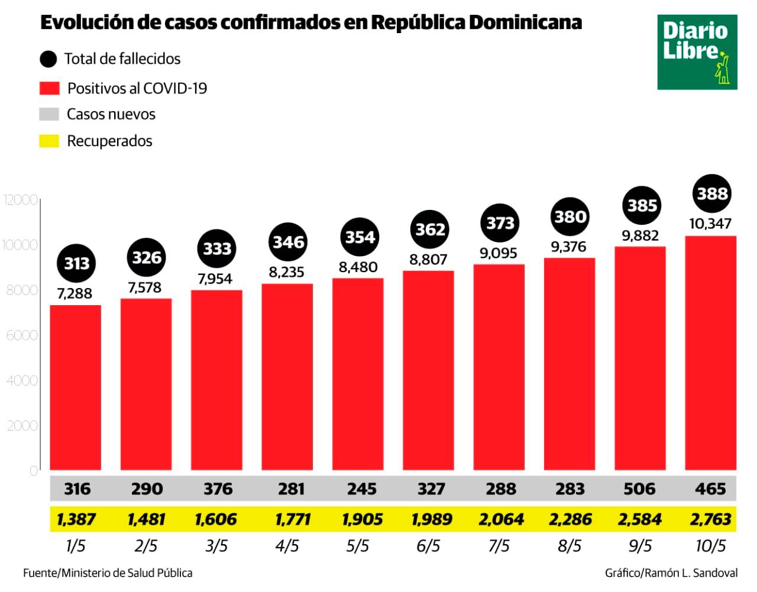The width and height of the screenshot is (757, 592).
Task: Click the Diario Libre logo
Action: coord(697,52)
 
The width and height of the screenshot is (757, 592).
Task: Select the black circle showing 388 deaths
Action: coord(711,193)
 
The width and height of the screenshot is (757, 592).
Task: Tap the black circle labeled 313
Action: coord(76,263)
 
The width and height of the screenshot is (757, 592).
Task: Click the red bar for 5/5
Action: coord(358,374)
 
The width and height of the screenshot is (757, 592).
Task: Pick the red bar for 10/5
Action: coord(710,352)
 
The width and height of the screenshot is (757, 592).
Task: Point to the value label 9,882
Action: coord(640,236)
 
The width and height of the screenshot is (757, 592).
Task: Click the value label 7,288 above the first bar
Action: coord(75,293)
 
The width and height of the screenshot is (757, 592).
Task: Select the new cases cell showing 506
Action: coord(640,489)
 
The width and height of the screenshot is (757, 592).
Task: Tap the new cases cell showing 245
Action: coord(361,489)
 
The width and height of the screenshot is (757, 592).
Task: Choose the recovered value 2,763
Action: coord(710,519)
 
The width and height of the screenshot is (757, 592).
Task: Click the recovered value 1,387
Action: coord(76,519)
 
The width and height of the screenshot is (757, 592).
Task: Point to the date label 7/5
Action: coord(499,545)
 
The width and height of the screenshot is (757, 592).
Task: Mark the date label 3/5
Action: coord(216,545)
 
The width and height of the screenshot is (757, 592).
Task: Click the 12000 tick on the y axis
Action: coord(21,200)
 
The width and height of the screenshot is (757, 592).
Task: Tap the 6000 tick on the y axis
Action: coord(22,335)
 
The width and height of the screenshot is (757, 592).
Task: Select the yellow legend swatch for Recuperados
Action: coord(49,141)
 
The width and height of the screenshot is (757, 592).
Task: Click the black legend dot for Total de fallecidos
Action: coord(48,59)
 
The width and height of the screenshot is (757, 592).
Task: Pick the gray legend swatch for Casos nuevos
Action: coord(49,114)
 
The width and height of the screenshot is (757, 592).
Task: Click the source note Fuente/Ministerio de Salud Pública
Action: coord(108,572)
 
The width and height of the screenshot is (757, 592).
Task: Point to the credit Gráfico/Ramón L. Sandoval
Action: coord(671,572)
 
